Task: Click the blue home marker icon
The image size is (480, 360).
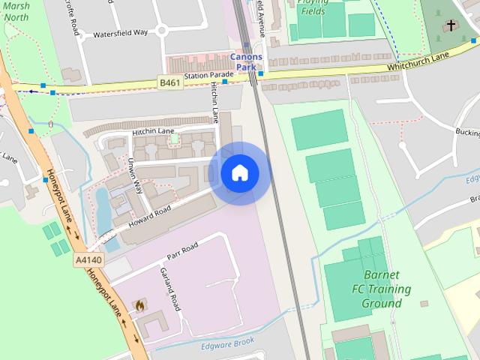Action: tap(240, 173)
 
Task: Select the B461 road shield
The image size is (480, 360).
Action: tap(169, 82)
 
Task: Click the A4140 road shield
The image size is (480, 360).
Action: tap(88, 259)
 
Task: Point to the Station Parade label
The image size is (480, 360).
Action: tap(208, 76)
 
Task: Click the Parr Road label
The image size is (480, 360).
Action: tap(182, 250)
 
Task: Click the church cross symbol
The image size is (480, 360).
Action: tap(451, 26)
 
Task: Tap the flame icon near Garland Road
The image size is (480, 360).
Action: tap(139, 305)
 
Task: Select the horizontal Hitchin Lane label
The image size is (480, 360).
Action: tap(153, 131)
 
